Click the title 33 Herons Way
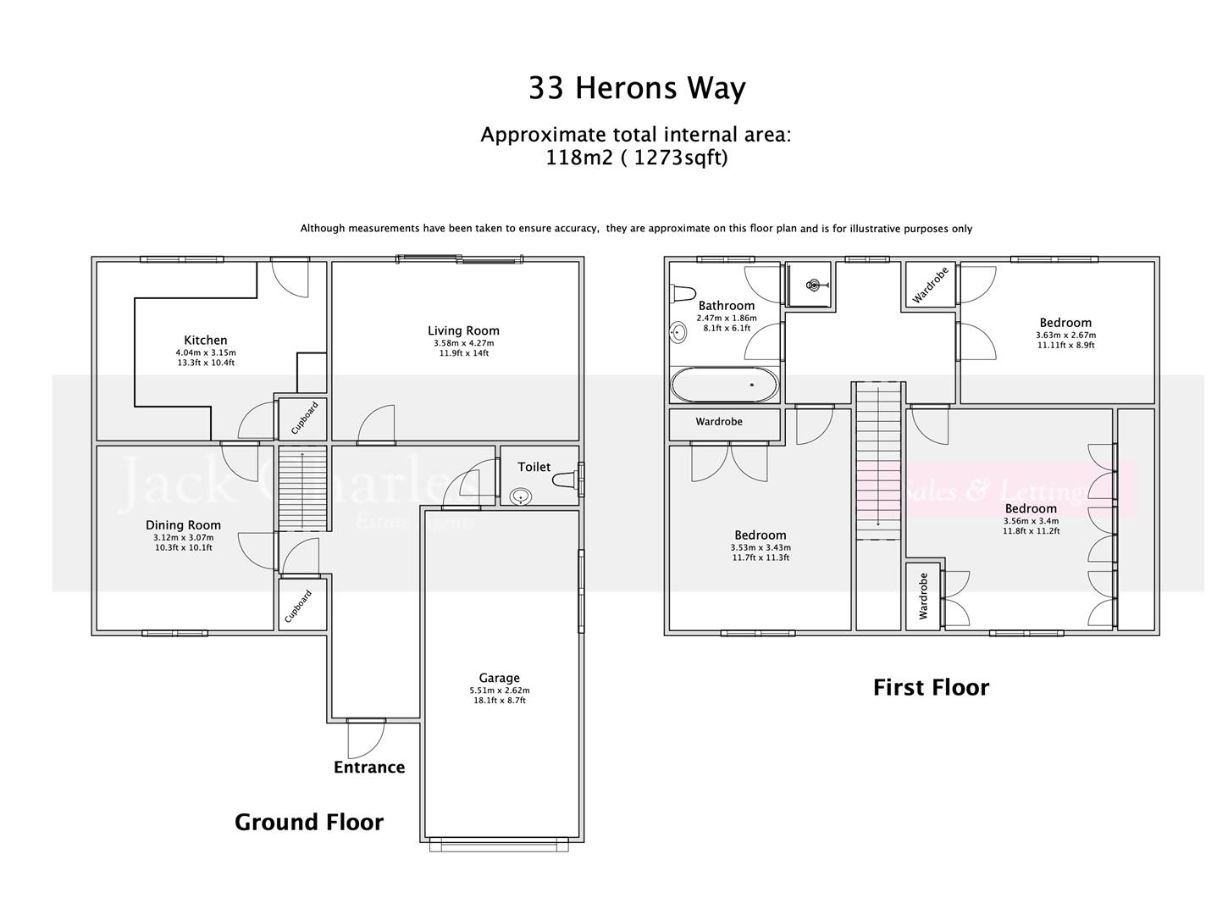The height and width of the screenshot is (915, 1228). click(637, 89)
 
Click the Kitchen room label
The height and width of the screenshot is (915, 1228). click(205, 341)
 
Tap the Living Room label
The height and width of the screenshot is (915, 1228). click(463, 330)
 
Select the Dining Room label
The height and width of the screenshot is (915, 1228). click(183, 525)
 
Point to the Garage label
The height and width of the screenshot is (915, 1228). click(499, 678)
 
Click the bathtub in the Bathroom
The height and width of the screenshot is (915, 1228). click(724, 385)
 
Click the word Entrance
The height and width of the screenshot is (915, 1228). click(369, 768)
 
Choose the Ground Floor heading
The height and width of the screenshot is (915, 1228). click(308, 822)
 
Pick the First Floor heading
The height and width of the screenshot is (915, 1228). click(931, 687)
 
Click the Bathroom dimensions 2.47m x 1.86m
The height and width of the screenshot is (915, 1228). click(726, 319)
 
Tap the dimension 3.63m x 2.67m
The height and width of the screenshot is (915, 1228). click(1065, 335)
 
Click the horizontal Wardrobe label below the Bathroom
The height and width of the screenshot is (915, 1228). click(719, 422)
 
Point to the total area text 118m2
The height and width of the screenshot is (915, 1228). click(579, 158)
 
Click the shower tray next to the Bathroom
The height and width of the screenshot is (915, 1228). click(810, 285)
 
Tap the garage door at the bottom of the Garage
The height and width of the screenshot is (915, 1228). click(499, 844)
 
